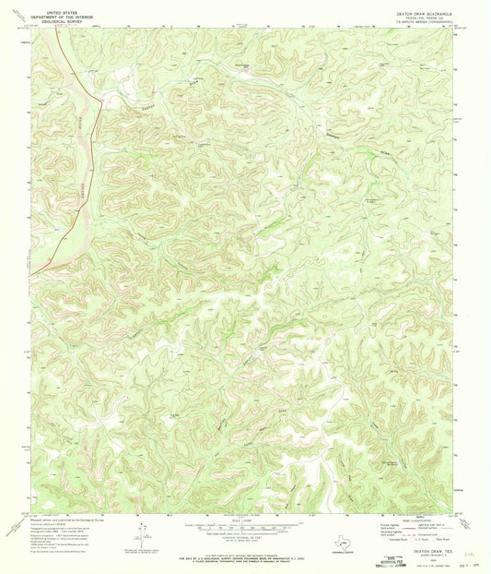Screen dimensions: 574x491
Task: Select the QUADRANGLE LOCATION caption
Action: pos(327,542)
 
